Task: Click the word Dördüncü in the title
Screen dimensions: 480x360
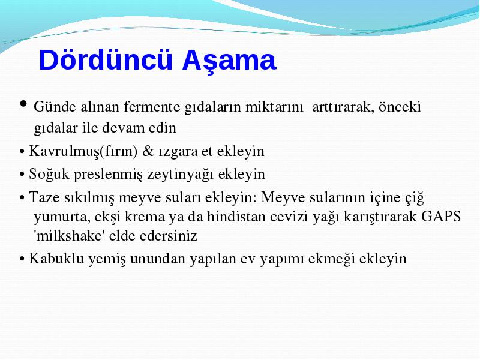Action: click(x=106, y=59)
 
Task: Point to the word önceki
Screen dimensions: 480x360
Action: click(x=400, y=107)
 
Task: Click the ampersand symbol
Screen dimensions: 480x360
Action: click(x=148, y=151)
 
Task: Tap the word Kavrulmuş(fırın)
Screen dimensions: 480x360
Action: click(x=83, y=152)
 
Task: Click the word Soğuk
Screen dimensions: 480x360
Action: click(x=49, y=174)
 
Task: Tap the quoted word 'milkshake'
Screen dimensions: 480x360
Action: click(x=69, y=236)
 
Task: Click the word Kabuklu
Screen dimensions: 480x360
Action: click(x=56, y=259)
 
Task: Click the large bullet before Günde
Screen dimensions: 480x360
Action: click(x=23, y=103)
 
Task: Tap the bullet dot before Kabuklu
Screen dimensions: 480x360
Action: click(x=22, y=259)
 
